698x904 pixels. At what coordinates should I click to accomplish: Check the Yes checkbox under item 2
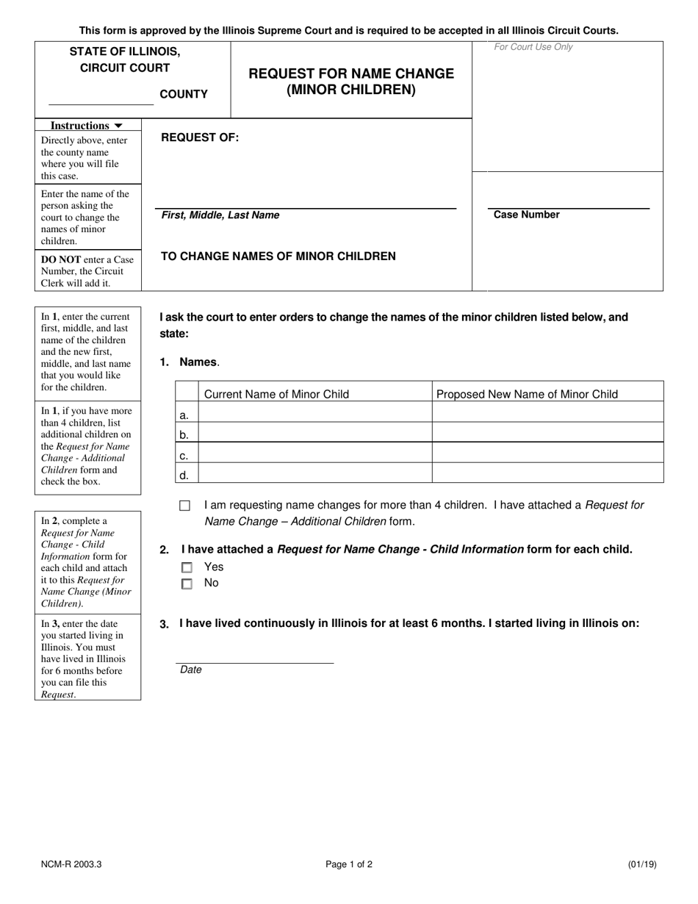[187, 567]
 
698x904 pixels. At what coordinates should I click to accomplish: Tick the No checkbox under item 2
[187, 584]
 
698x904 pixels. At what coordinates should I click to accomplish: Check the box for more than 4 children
[184, 506]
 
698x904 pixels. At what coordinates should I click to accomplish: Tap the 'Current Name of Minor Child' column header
[276, 394]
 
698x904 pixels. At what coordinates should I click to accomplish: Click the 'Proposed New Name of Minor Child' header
[527, 394]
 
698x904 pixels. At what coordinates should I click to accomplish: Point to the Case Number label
[526, 215]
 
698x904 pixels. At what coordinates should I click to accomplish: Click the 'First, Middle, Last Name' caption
[220, 215]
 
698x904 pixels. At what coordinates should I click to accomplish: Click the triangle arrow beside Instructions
[118, 126]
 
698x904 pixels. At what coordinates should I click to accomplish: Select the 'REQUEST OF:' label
[200, 137]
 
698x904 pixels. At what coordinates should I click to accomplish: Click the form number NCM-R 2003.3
[71, 865]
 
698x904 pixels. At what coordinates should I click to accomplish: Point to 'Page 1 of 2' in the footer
[349, 865]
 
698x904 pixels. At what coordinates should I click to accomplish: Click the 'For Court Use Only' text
[533, 47]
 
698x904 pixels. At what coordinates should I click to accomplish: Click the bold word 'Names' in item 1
[198, 362]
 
